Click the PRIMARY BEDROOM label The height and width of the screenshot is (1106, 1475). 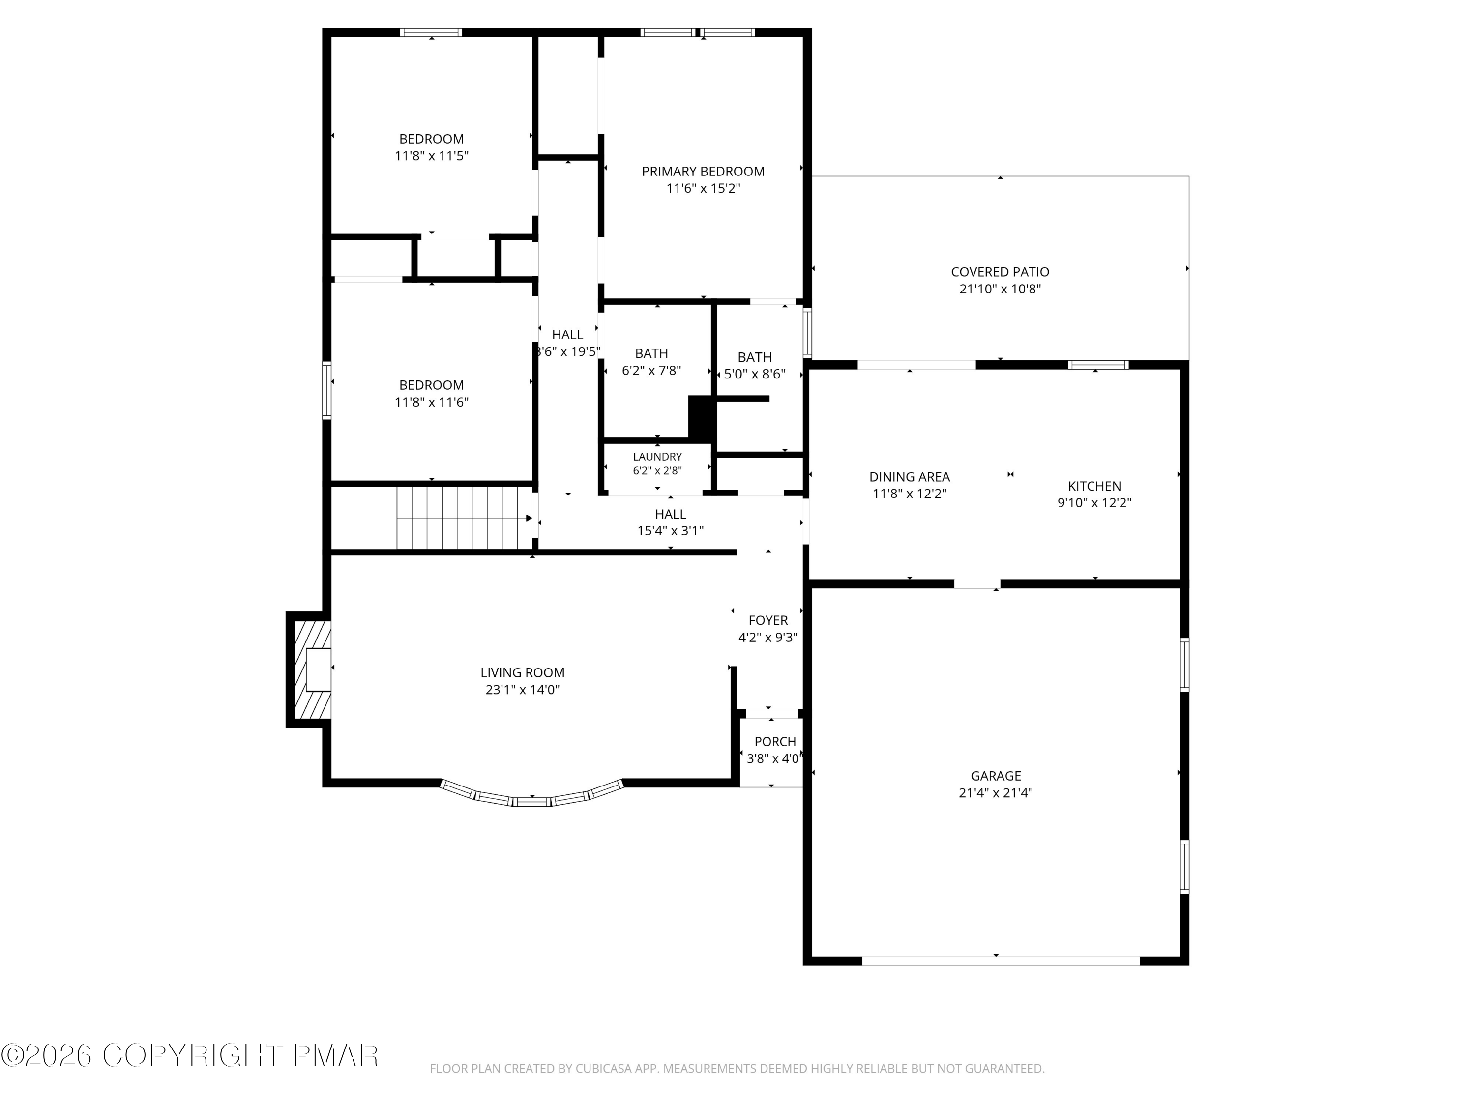coord(703,172)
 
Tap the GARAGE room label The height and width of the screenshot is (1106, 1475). coord(996,776)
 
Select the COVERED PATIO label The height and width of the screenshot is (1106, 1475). coord(1000,272)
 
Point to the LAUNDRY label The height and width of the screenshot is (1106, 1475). coord(657,457)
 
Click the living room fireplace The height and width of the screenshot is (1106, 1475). coord(309,669)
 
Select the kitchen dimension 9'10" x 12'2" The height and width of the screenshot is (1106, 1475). coord(1094,503)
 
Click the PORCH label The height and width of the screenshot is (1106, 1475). coord(775,742)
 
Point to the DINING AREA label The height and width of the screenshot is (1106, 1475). coord(910,477)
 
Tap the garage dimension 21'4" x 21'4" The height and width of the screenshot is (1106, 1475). coord(996,793)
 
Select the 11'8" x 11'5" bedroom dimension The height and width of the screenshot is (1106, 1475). coord(431,156)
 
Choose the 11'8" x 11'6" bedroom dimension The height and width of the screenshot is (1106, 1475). coord(431,403)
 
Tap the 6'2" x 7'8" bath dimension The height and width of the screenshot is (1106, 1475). coord(651,371)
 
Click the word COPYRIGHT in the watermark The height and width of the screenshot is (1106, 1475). coord(191,1055)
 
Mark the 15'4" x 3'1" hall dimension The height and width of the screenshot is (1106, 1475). coord(670,531)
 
